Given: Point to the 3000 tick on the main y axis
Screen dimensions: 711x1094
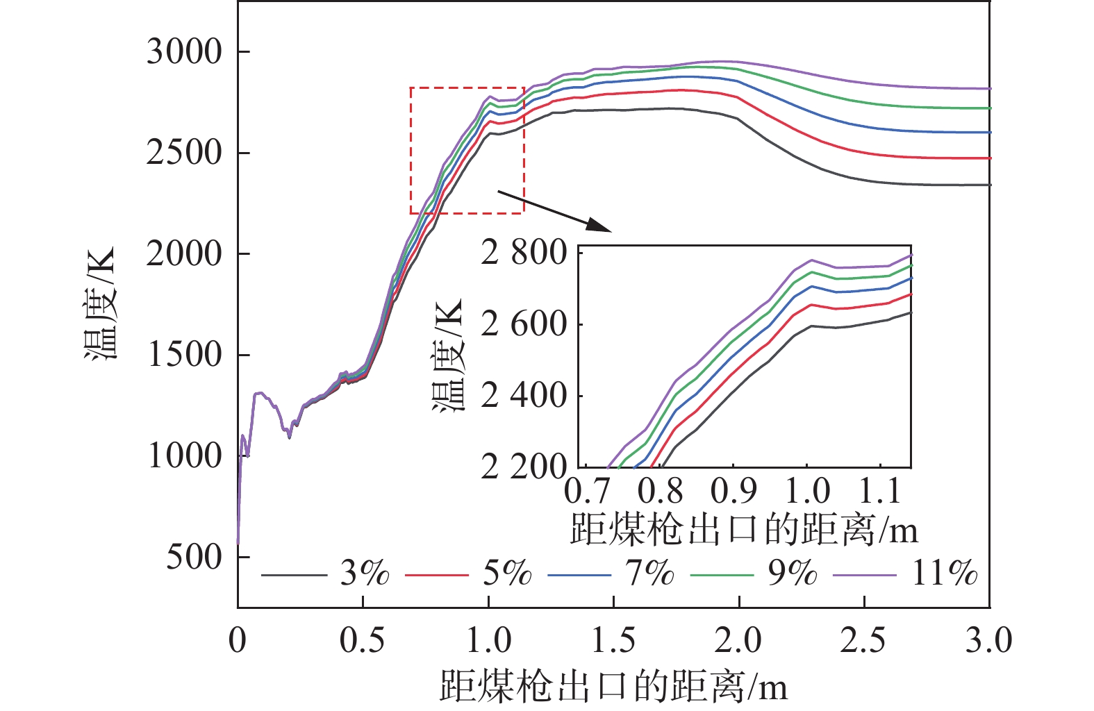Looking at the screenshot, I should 184,52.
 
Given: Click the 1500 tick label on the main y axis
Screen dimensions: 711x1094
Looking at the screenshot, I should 184,355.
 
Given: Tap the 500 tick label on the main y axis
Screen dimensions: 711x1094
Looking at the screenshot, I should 194,557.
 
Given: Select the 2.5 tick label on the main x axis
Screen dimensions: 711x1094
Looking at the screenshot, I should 863,640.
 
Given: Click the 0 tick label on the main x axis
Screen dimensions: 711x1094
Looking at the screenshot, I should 238,640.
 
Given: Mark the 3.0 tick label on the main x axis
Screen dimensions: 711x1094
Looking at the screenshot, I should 988,640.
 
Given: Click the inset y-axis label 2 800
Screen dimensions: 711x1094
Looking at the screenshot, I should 524,253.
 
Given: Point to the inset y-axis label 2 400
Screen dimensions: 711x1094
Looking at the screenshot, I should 524,396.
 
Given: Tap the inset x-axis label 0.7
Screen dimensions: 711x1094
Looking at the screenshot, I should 587,492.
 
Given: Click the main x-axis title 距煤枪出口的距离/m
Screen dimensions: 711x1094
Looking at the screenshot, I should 614,687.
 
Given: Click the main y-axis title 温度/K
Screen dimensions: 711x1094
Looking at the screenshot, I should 99,303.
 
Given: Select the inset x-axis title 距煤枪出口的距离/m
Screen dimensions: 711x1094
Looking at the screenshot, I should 744,530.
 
